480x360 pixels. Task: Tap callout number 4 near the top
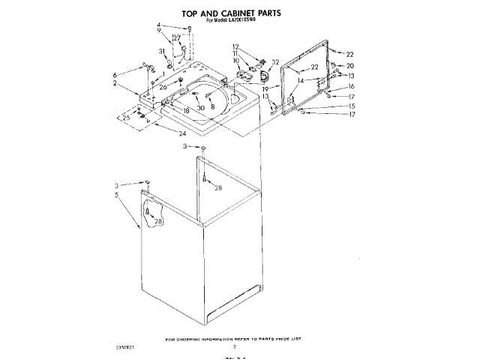click(x=159, y=25)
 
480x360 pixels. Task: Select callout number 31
click(x=160, y=51)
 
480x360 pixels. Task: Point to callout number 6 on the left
click(x=115, y=75)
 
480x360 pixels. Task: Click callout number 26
click(x=163, y=87)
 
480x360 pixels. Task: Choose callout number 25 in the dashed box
click(x=126, y=117)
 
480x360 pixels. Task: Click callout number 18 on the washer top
click(x=185, y=110)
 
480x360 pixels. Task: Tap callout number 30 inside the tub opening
click(x=201, y=107)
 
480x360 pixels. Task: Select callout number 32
click(x=276, y=62)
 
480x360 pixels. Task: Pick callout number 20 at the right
click(x=349, y=66)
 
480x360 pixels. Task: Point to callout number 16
click(x=349, y=86)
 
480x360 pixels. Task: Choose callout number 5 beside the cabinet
click(x=116, y=195)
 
